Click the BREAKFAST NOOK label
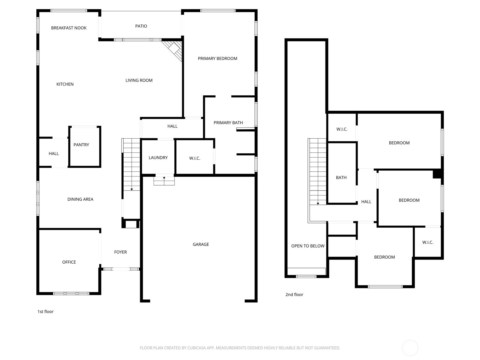click(69, 28)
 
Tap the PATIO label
click(141, 26)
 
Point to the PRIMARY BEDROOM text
click(217, 58)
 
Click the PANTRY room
click(85, 147)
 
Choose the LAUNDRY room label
click(158, 157)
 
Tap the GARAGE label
click(201, 244)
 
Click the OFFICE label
click(69, 262)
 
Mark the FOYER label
click(120, 252)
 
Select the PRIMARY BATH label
click(228, 123)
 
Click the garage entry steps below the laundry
click(164, 181)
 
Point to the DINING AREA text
click(80, 199)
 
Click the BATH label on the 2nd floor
click(341, 178)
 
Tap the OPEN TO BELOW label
click(308, 246)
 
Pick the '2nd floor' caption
click(294, 295)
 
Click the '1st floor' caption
click(46, 312)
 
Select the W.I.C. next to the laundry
click(195, 158)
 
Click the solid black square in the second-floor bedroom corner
click(437, 174)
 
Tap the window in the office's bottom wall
click(71, 294)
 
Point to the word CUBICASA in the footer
click(196, 348)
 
